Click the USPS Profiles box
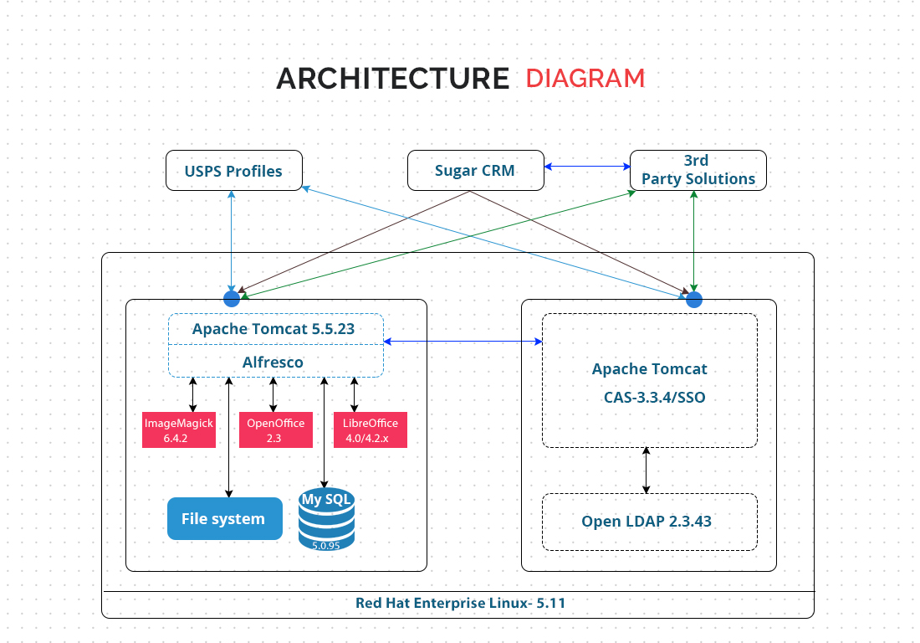coord(234,170)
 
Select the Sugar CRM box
coord(475,170)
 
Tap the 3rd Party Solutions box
coord(698,170)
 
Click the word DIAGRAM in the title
coord(585,79)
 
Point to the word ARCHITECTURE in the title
coord(392,79)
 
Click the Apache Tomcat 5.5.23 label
coord(273,329)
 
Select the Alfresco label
coord(273,363)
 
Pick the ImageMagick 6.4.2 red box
coord(179,430)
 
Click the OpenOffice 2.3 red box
coord(276,430)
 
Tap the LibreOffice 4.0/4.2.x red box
coord(371,430)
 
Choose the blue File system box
coord(225,518)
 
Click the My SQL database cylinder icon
coord(326,519)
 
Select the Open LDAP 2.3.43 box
coord(650,522)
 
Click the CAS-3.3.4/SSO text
coord(655,398)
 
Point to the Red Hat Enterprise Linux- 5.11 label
coord(461,603)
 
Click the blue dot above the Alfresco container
coord(232,299)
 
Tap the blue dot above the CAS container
coord(694,300)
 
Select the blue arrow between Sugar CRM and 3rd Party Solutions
coord(587,167)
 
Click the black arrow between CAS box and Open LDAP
coord(646,471)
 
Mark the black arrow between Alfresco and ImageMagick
coord(193,394)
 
